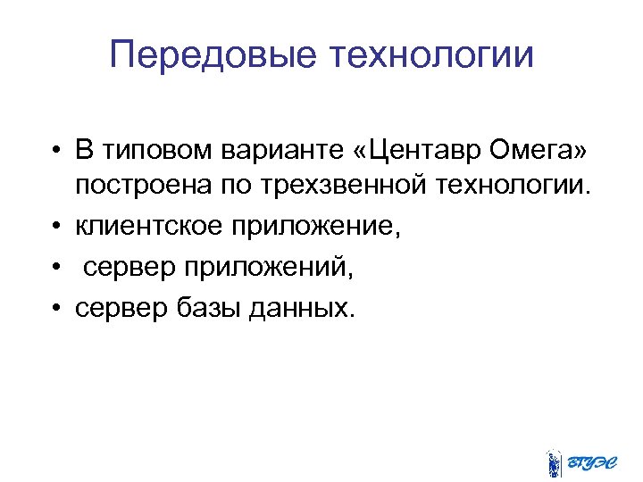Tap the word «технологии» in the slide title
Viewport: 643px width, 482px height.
coord(433,55)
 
